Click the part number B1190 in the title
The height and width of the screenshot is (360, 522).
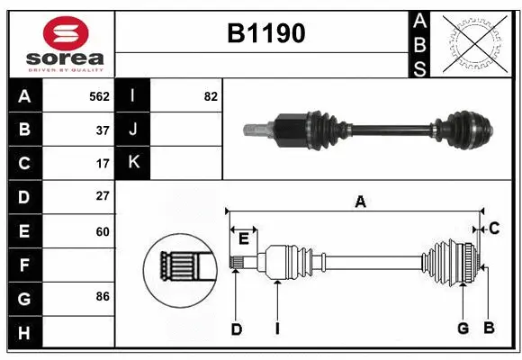click(265, 33)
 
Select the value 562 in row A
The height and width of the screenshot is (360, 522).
click(99, 95)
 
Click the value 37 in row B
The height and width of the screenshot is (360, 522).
click(103, 130)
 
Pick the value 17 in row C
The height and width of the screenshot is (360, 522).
click(103, 164)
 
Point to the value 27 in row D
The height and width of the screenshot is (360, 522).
click(103, 196)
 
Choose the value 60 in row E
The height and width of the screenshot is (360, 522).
click(103, 231)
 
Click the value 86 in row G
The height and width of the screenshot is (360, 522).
click(103, 296)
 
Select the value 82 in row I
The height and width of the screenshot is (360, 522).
click(211, 95)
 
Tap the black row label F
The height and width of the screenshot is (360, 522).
click(24, 265)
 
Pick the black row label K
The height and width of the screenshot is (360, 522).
click(133, 163)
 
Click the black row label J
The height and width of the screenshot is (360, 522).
click(133, 130)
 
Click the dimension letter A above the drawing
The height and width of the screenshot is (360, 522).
click(360, 202)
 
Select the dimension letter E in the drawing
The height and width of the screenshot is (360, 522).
click(244, 238)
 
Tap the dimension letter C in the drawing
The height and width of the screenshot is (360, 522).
click(494, 229)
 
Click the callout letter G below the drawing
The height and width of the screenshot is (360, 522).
click(463, 328)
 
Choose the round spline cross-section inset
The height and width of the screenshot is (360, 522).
click(178, 267)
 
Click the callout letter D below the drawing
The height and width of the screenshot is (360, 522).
click(236, 328)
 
